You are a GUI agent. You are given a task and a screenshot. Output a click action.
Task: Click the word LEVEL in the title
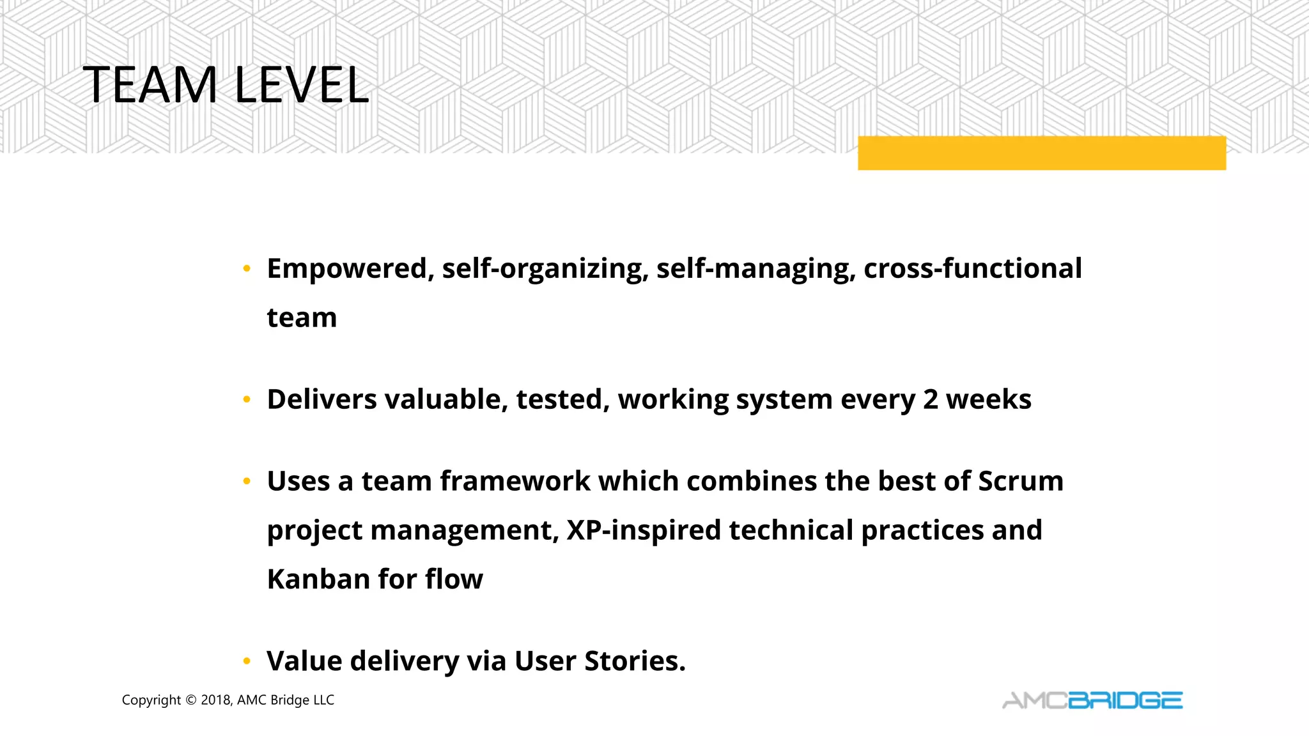coord(302,85)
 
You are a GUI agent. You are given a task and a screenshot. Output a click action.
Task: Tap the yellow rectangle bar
coord(1041,153)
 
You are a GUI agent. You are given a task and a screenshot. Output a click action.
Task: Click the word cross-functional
coord(972,269)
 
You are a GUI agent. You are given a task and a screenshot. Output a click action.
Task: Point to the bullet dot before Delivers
coord(247,401)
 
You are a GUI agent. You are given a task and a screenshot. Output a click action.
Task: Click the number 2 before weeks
coord(930,400)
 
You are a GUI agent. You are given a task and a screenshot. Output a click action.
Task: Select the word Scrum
coord(1020,482)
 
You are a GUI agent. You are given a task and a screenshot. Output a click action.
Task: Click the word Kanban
coord(318,579)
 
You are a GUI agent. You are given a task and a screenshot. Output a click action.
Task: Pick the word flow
coord(454,579)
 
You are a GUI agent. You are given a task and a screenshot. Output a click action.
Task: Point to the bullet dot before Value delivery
coord(247,662)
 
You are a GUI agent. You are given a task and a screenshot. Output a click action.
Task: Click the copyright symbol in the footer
coord(191,700)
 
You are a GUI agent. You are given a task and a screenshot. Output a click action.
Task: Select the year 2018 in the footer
coord(216,700)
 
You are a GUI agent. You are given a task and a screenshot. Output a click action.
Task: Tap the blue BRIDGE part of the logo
coord(1125,701)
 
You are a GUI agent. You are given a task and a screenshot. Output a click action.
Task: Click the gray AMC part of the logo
coord(1034,701)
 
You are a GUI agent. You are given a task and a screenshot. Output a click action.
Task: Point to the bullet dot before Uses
coord(247,482)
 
